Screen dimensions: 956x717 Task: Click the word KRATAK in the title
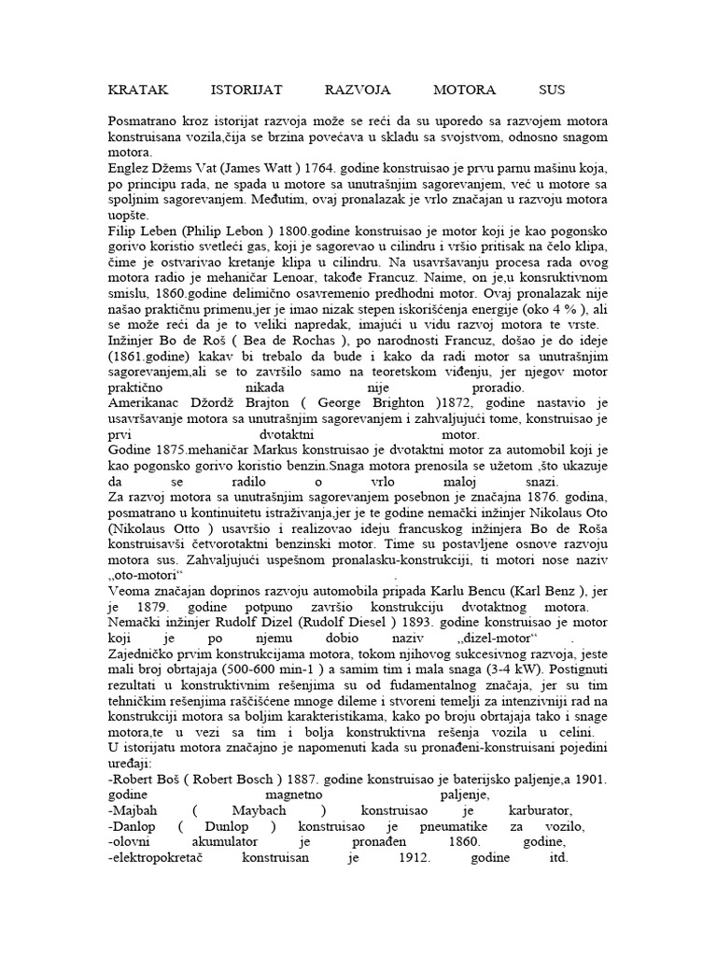(138, 91)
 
